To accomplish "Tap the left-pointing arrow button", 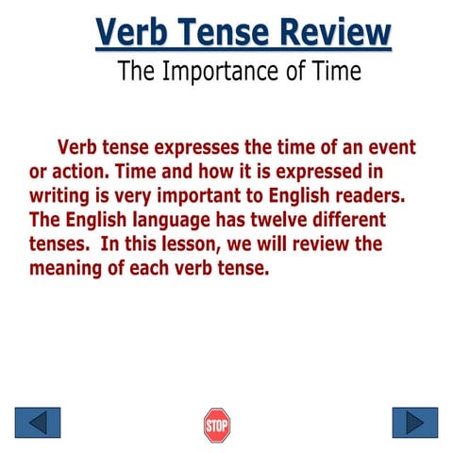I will click(38, 423).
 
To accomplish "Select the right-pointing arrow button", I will click(414, 423).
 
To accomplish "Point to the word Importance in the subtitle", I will click(224, 72).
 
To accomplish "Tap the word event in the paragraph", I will click(392, 148).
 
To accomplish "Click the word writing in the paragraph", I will click(60, 196).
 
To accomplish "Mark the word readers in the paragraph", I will click(377, 196).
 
